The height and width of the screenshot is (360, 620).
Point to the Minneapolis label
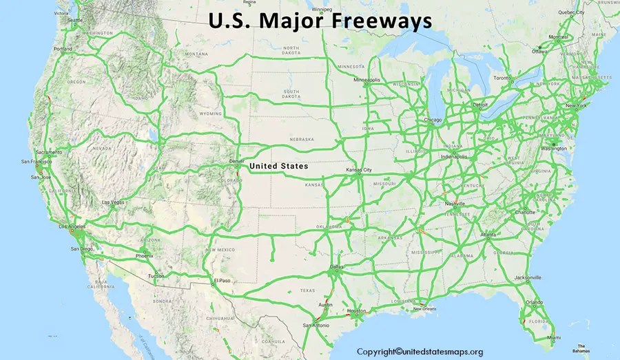tap(366, 80)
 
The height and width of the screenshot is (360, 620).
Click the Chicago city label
tap(433, 120)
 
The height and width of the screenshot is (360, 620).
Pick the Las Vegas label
tap(114, 202)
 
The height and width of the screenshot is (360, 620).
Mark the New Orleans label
tap(425, 308)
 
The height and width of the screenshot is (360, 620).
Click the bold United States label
tap(279, 166)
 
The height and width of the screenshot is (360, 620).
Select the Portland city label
tap(63, 50)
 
